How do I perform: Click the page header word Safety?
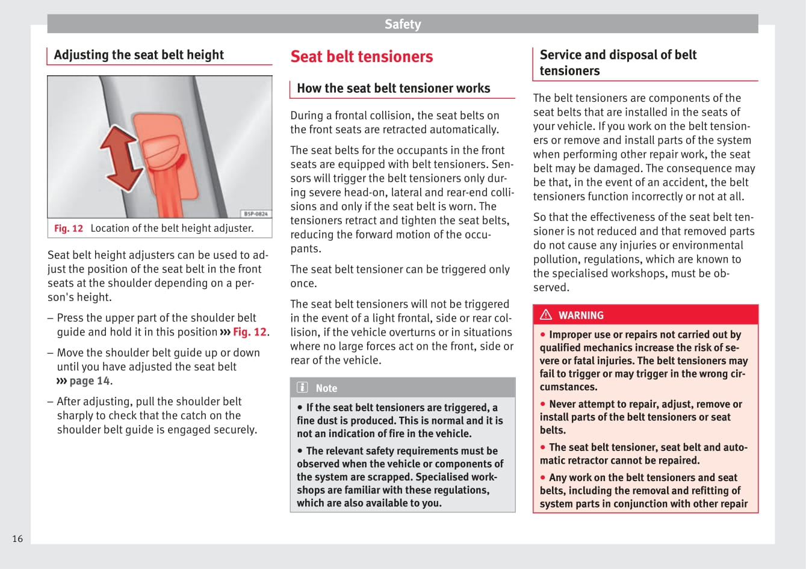(x=403, y=24)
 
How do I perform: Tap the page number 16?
(x=17, y=538)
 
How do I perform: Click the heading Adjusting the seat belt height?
(x=138, y=55)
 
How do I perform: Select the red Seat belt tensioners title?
(x=361, y=57)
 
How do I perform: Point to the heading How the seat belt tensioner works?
(x=393, y=89)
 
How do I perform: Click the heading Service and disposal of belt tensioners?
(x=618, y=63)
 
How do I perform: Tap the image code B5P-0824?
(x=256, y=214)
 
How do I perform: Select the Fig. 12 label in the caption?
(x=69, y=229)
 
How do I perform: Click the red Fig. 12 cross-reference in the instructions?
(x=249, y=332)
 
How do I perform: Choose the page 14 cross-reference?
(x=89, y=381)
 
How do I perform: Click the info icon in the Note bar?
(x=302, y=388)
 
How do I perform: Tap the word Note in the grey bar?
(x=326, y=388)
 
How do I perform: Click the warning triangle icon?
(x=546, y=314)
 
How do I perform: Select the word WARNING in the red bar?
(x=580, y=315)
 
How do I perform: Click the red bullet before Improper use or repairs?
(x=542, y=335)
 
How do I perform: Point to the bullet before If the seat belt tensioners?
(x=300, y=408)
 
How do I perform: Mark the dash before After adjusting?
(x=50, y=402)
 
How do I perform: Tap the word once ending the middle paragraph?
(x=303, y=284)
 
